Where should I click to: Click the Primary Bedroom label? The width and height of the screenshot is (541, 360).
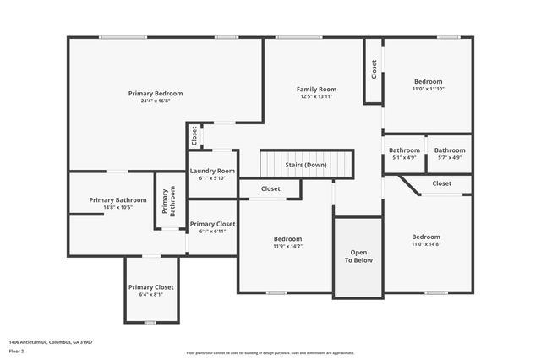(156, 93)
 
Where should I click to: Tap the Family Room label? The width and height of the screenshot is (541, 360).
(316, 89)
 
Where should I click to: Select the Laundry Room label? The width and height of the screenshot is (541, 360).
(211, 171)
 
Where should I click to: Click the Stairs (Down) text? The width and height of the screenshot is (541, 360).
(304, 165)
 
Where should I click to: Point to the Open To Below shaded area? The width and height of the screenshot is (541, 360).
(358, 257)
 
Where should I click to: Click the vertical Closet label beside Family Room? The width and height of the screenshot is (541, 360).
(374, 69)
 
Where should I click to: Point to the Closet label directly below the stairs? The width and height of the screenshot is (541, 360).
(270, 188)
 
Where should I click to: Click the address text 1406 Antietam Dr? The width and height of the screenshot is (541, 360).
(51, 342)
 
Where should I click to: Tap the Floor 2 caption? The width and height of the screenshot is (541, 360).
(17, 351)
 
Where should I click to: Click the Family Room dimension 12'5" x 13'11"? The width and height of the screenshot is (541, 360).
(316, 96)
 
